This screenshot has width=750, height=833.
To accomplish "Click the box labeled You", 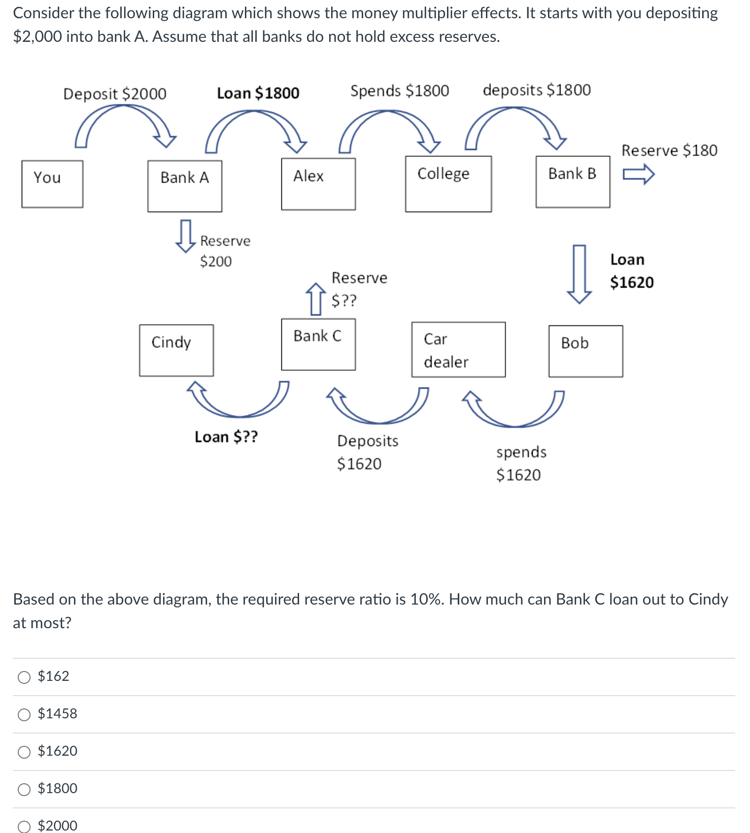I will click(52, 184).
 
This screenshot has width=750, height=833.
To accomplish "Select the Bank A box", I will click(185, 186).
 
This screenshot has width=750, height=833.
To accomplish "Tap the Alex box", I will click(318, 184).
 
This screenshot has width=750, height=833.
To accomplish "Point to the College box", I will click(448, 184).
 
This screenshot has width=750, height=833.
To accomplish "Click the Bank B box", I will click(573, 182).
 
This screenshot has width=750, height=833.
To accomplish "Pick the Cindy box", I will click(176, 351).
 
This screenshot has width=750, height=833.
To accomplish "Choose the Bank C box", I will click(318, 345).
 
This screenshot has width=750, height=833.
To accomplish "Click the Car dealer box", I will click(458, 350).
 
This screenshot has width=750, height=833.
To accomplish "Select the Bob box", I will click(585, 352).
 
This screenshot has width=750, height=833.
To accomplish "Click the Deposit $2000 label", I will click(115, 94).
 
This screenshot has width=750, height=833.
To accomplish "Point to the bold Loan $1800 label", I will click(258, 93).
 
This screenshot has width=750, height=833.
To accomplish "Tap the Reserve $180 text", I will click(669, 150).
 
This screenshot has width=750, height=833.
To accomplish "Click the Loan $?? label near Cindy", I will click(226, 437).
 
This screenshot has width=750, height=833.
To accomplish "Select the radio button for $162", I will click(24, 677).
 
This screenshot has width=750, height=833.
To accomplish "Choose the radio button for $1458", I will click(24, 715).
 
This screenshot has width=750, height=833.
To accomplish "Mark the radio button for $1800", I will click(24, 790).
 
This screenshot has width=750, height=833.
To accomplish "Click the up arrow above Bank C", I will click(316, 299).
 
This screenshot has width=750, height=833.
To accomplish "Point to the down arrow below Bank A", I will click(185, 236).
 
